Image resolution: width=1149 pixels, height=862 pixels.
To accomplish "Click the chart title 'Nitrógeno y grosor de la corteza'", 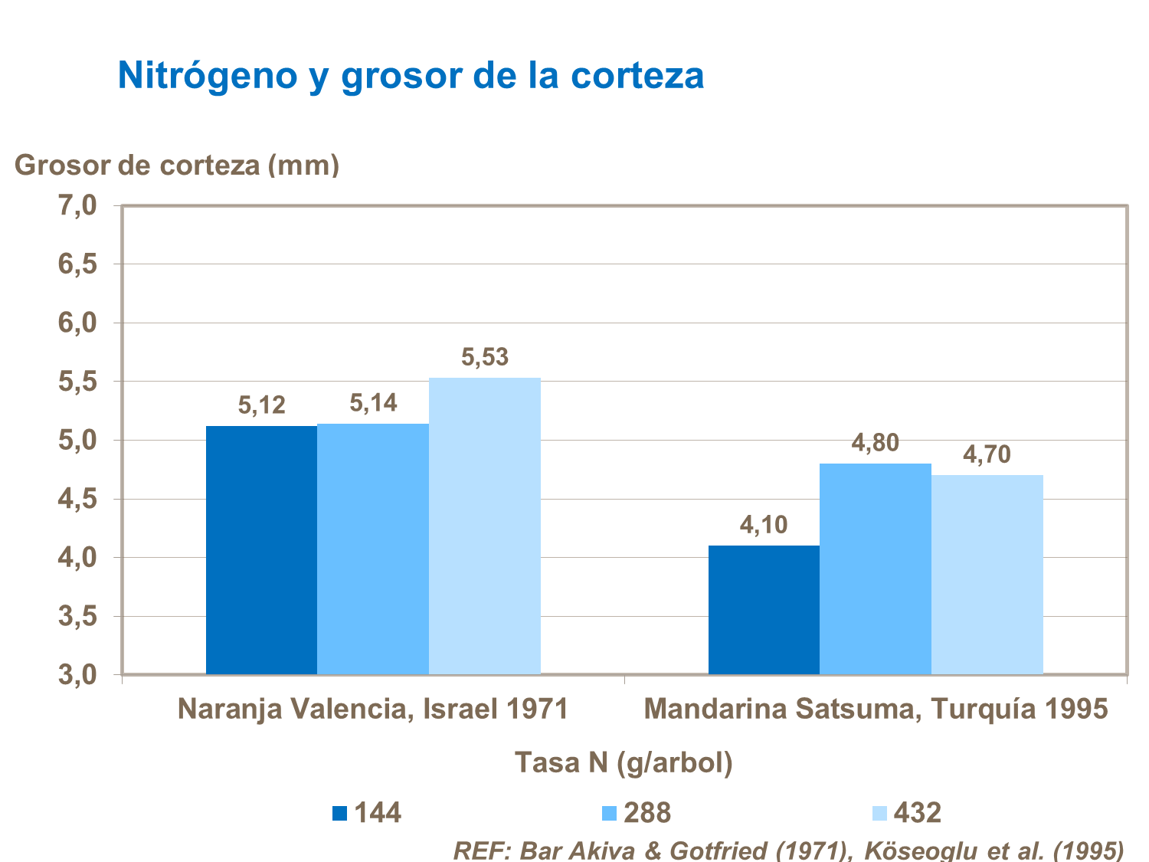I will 411,75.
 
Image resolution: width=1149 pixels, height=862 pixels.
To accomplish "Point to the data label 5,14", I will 373,403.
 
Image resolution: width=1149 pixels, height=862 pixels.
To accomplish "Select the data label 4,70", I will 987,455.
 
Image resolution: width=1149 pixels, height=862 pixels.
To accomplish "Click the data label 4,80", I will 875,443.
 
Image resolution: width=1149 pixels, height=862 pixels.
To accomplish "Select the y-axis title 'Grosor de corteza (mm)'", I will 177,165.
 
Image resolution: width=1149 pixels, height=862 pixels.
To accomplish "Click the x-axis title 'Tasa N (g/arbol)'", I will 623,762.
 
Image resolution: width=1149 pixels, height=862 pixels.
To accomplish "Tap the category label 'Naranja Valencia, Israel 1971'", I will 373,709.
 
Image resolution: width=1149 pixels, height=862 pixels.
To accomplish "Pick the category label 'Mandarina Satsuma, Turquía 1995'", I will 876,709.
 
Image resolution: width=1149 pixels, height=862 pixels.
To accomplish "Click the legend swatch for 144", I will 339,813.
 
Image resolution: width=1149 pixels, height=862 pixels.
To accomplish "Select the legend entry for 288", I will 636,813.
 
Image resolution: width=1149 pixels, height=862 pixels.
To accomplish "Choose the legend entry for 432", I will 907,813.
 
